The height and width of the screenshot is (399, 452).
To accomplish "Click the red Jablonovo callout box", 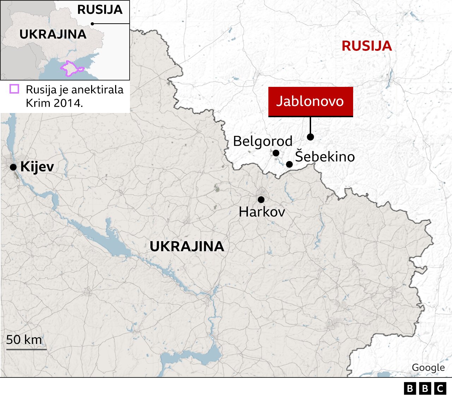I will (310, 101).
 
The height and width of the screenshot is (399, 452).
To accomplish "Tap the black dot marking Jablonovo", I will (310, 137).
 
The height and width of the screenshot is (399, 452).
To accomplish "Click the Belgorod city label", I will (263, 141).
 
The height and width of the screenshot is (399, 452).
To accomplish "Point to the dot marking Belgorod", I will (276, 153).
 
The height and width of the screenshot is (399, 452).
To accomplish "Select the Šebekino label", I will (325, 156).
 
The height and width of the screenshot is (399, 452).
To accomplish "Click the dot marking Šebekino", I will (289, 164).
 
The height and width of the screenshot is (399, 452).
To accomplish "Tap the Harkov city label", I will (262, 212).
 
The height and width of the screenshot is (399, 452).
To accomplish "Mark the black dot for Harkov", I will (261, 199).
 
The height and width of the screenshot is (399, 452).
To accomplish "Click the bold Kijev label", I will (37, 166).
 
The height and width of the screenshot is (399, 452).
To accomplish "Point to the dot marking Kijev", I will (13, 167).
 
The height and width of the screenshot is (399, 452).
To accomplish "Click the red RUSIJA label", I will (367, 46).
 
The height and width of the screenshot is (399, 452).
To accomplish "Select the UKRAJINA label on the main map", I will (187, 246).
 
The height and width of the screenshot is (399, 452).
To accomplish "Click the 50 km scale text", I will (24, 340).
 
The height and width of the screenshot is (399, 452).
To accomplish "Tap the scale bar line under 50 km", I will (26, 350).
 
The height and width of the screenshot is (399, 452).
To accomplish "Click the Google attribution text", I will (428, 368).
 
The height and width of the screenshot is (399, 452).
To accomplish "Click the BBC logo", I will (425, 388).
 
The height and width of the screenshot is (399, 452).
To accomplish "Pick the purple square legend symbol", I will (14, 89).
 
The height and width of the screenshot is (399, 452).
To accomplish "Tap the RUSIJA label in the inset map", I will (100, 10).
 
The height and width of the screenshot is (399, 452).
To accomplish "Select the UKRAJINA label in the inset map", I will (53, 34).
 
